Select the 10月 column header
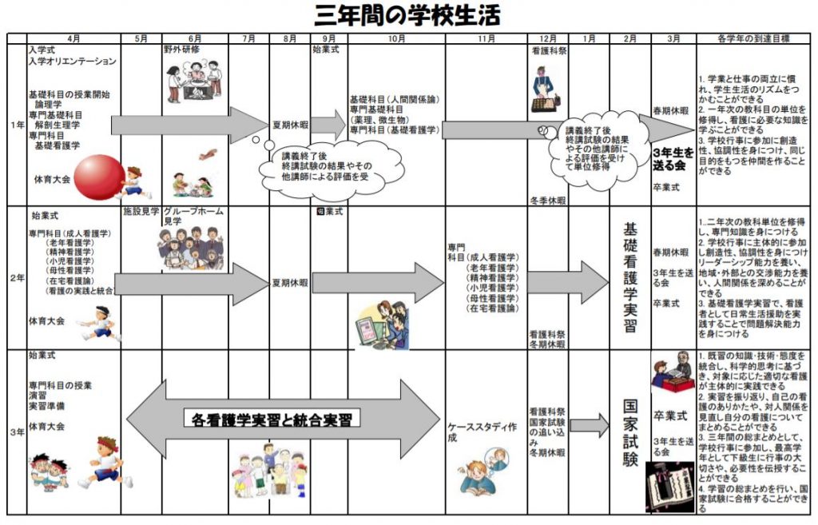click(x=394, y=38)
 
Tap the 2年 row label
click(x=16, y=278)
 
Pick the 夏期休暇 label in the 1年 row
click(x=289, y=125)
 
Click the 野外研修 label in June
click(x=181, y=50)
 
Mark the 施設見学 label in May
click(x=141, y=213)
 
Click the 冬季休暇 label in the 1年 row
click(x=547, y=200)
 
